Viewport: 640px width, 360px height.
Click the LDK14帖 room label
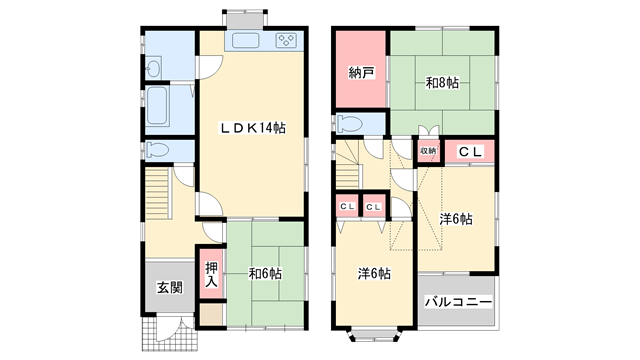click(253, 128)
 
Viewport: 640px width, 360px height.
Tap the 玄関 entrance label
click(170, 288)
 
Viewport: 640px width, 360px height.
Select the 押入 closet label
click(211, 274)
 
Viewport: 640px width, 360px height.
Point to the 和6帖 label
click(265, 273)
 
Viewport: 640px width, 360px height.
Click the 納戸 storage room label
click(361, 73)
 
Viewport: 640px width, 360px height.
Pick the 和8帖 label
click(442, 83)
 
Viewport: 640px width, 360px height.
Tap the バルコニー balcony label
click(458, 302)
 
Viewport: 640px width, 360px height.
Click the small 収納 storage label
click(428, 151)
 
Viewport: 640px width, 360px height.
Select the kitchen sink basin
click(246, 41)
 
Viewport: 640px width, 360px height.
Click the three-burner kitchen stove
click(286, 40)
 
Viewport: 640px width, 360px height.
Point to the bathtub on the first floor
click(157, 105)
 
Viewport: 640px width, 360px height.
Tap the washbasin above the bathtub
click(153, 68)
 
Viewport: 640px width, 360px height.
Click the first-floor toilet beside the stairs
click(157, 150)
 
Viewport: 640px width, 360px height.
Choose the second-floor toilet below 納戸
click(350, 124)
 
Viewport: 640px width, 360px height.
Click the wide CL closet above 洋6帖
click(470, 151)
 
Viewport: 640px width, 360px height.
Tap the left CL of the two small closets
click(347, 207)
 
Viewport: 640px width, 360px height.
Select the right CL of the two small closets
click(373, 207)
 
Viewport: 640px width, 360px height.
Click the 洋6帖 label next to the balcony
click(456, 219)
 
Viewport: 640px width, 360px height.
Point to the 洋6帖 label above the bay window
click(374, 273)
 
